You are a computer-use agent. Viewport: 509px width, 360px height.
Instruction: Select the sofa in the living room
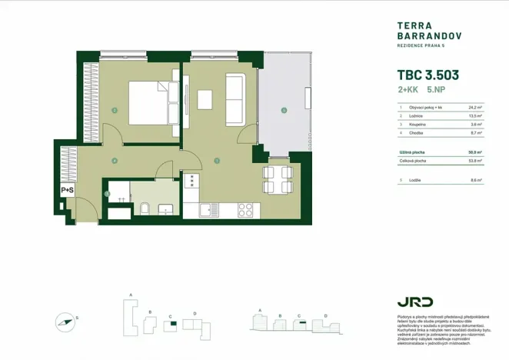(235, 100)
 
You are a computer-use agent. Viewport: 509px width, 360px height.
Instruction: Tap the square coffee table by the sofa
(205, 101)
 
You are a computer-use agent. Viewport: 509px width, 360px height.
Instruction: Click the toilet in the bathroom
(144, 207)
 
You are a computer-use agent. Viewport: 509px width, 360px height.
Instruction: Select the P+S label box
(67, 190)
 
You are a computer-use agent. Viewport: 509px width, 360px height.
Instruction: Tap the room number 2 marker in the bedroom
(114, 111)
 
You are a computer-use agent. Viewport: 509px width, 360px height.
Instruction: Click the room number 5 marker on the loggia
(284, 111)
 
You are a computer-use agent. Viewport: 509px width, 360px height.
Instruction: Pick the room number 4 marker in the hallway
(114, 161)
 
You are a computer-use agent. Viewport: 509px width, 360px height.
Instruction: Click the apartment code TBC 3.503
(427, 75)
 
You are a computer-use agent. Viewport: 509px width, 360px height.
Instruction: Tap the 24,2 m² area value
(474, 108)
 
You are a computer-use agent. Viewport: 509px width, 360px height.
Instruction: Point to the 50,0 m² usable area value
(474, 152)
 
